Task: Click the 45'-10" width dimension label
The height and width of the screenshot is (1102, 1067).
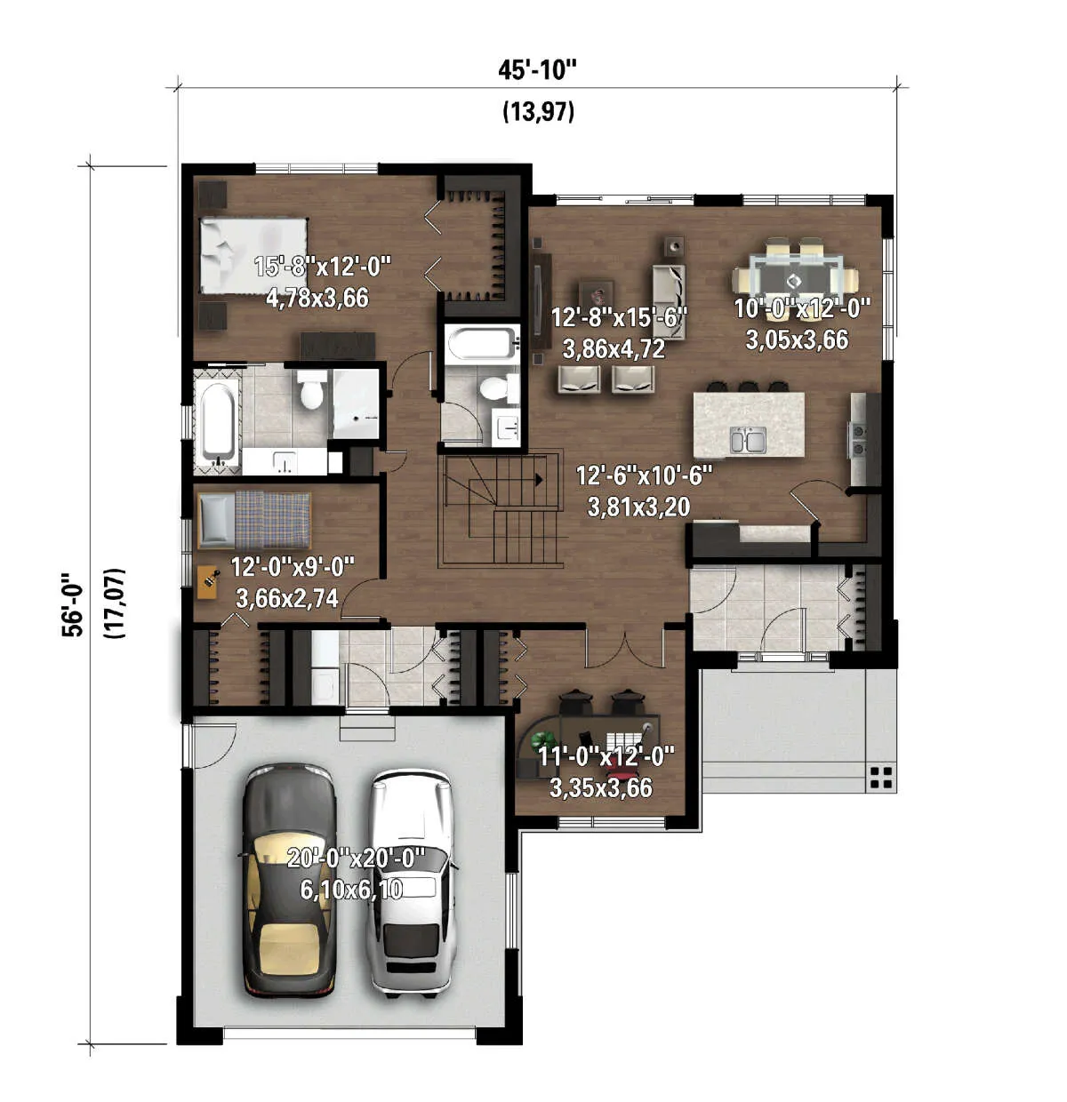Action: (537, 70)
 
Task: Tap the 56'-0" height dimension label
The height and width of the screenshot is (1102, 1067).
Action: (73, 603)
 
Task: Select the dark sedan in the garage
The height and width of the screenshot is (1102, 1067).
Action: (289, 884)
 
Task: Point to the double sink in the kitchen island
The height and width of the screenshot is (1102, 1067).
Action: (748, 440)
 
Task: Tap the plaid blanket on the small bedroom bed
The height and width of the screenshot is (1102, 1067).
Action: (273, 521)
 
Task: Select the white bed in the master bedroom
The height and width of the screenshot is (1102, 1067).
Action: (253, 255)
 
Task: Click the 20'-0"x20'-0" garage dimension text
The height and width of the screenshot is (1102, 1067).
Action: (356, 858)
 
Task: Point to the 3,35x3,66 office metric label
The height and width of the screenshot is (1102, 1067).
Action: (601, 787)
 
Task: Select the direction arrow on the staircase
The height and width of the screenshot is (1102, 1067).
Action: (539, 480)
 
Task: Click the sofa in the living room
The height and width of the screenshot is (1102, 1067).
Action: (669, 300)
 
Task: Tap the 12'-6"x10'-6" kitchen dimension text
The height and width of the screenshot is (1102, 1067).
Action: (643, 475)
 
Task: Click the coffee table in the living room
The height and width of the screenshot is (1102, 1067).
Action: (597, 295)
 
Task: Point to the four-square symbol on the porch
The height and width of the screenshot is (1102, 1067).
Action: (880, 778)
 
